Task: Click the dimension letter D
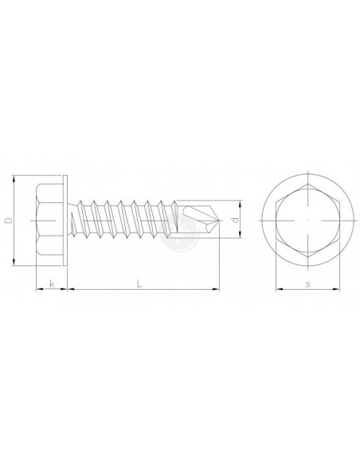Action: pyautogui.click(x=10, y=221)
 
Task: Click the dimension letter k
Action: pyautogui.click(x=52, y=283)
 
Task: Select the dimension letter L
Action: pyautogui.click(x=139, y=283)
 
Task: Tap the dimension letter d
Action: pyautogui.click(x=235, y=220)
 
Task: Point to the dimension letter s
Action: pyautogui.click(x=307, y=284)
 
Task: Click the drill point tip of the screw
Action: pyautogui.click(x=220, y=221)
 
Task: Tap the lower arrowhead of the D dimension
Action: pyautogui.click(x=14, y=262)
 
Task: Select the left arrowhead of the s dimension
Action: pyautogui.click(x=280, y=289)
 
